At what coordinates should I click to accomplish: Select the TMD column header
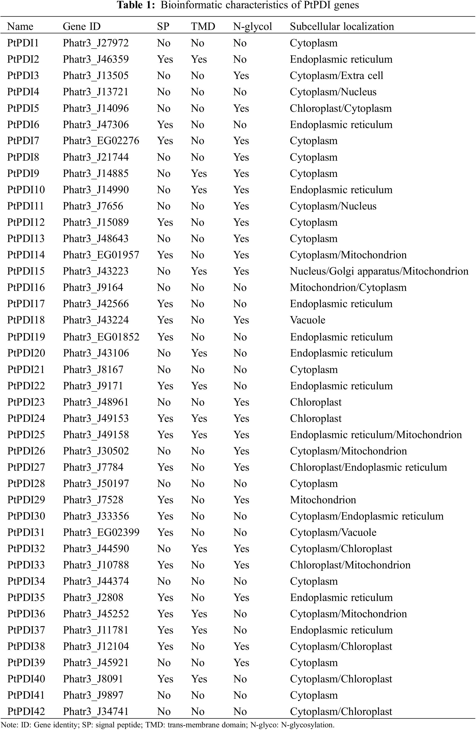tap(203, 27)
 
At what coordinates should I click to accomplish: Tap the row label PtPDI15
tap(26, 271)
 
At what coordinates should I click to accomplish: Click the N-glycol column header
tap(252, 27)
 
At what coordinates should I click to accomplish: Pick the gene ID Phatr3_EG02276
tap(101, 141)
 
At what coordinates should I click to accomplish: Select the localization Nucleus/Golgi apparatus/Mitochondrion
tap(379, 271)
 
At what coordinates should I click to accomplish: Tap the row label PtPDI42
tap(26, 711)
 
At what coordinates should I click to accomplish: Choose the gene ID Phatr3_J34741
tap(96, 711)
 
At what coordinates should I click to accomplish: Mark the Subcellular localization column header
tap(342, 27)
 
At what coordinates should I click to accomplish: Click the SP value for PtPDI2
tap(165, 60)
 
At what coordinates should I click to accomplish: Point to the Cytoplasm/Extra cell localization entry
tap(336, 76)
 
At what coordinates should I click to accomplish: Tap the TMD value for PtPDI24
tap(199, 418)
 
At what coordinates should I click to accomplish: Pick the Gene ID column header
tap(82, 27)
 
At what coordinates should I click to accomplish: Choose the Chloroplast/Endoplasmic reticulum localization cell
tap(368, 467)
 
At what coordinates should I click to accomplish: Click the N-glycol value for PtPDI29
tap(241, 500)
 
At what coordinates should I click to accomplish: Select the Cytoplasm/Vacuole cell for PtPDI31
tap(333, 532)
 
